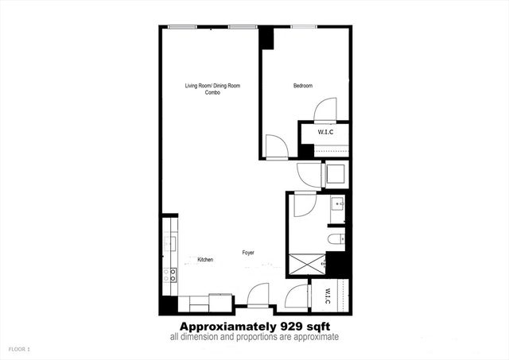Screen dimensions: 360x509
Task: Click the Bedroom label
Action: click(x=302, y=86)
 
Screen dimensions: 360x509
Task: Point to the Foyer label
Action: click(x=249, y=253)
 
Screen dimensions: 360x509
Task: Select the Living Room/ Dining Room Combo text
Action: click(x=212, y=89)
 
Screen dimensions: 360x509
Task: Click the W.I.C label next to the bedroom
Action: click(x=325, y=131)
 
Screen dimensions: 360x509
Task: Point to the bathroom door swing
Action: click(x=305, y=206)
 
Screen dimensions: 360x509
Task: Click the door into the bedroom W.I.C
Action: click(x=327, y=110)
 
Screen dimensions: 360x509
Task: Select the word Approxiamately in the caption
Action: click(x=227, y=327)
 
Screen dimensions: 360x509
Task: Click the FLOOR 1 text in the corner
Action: click(x=18, y=349)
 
